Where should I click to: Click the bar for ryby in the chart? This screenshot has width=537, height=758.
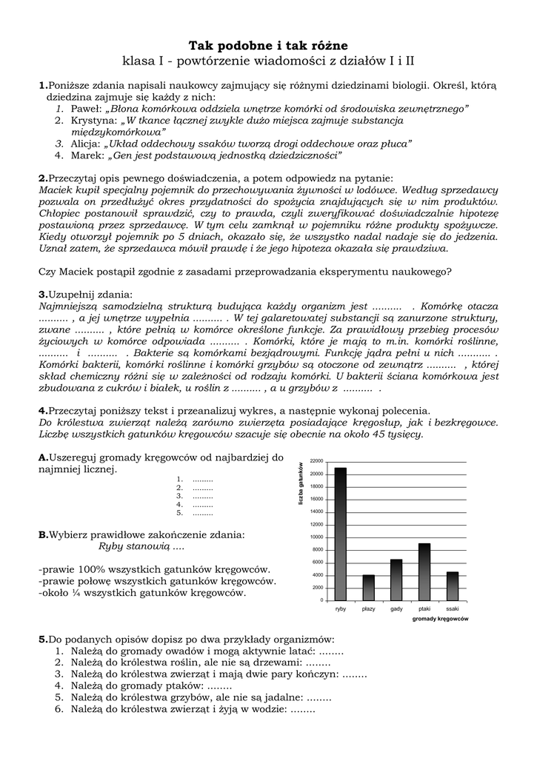[341, 534]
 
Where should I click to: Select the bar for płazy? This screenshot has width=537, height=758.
[368, 587]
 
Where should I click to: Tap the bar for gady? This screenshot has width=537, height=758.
[396, 580]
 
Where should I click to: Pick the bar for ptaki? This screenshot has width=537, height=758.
[424, 571]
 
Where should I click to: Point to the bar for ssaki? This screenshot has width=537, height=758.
[453, 586]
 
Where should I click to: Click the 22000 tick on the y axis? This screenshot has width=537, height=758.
[316, 461]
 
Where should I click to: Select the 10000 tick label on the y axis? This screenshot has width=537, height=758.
[316, 537]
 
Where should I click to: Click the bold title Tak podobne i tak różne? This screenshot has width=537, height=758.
[267, 46]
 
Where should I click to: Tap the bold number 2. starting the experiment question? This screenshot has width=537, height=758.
[43, 178]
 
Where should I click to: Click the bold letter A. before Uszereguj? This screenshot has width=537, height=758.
[44, 457]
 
